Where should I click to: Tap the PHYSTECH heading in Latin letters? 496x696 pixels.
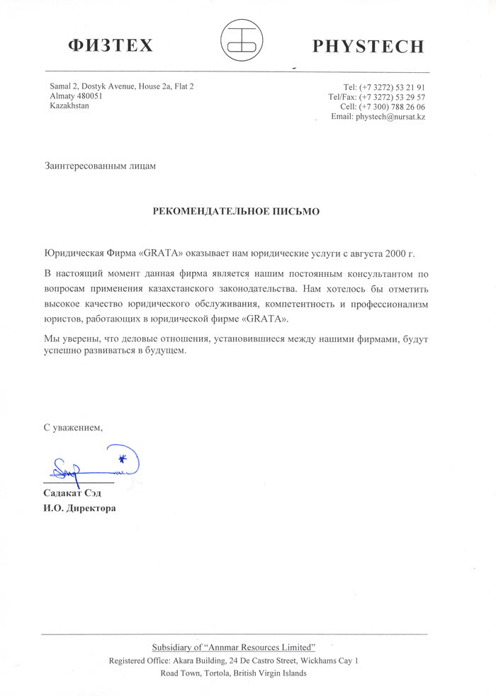pos(368,47)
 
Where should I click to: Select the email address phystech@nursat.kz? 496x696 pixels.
pos(390,116)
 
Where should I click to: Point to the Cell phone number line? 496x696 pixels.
pos(383,106)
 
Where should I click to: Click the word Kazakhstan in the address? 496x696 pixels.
pos(69,106)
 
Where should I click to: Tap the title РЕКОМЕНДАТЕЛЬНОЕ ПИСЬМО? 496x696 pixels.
pos(237,211)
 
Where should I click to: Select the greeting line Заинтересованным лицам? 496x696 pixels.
pos(98,166)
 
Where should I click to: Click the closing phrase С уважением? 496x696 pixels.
pos(73,428)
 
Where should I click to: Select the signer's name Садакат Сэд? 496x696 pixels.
pos(72,494)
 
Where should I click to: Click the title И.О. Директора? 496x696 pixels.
pos(79,508)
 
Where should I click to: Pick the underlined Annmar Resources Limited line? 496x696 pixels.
pos(234,648)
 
